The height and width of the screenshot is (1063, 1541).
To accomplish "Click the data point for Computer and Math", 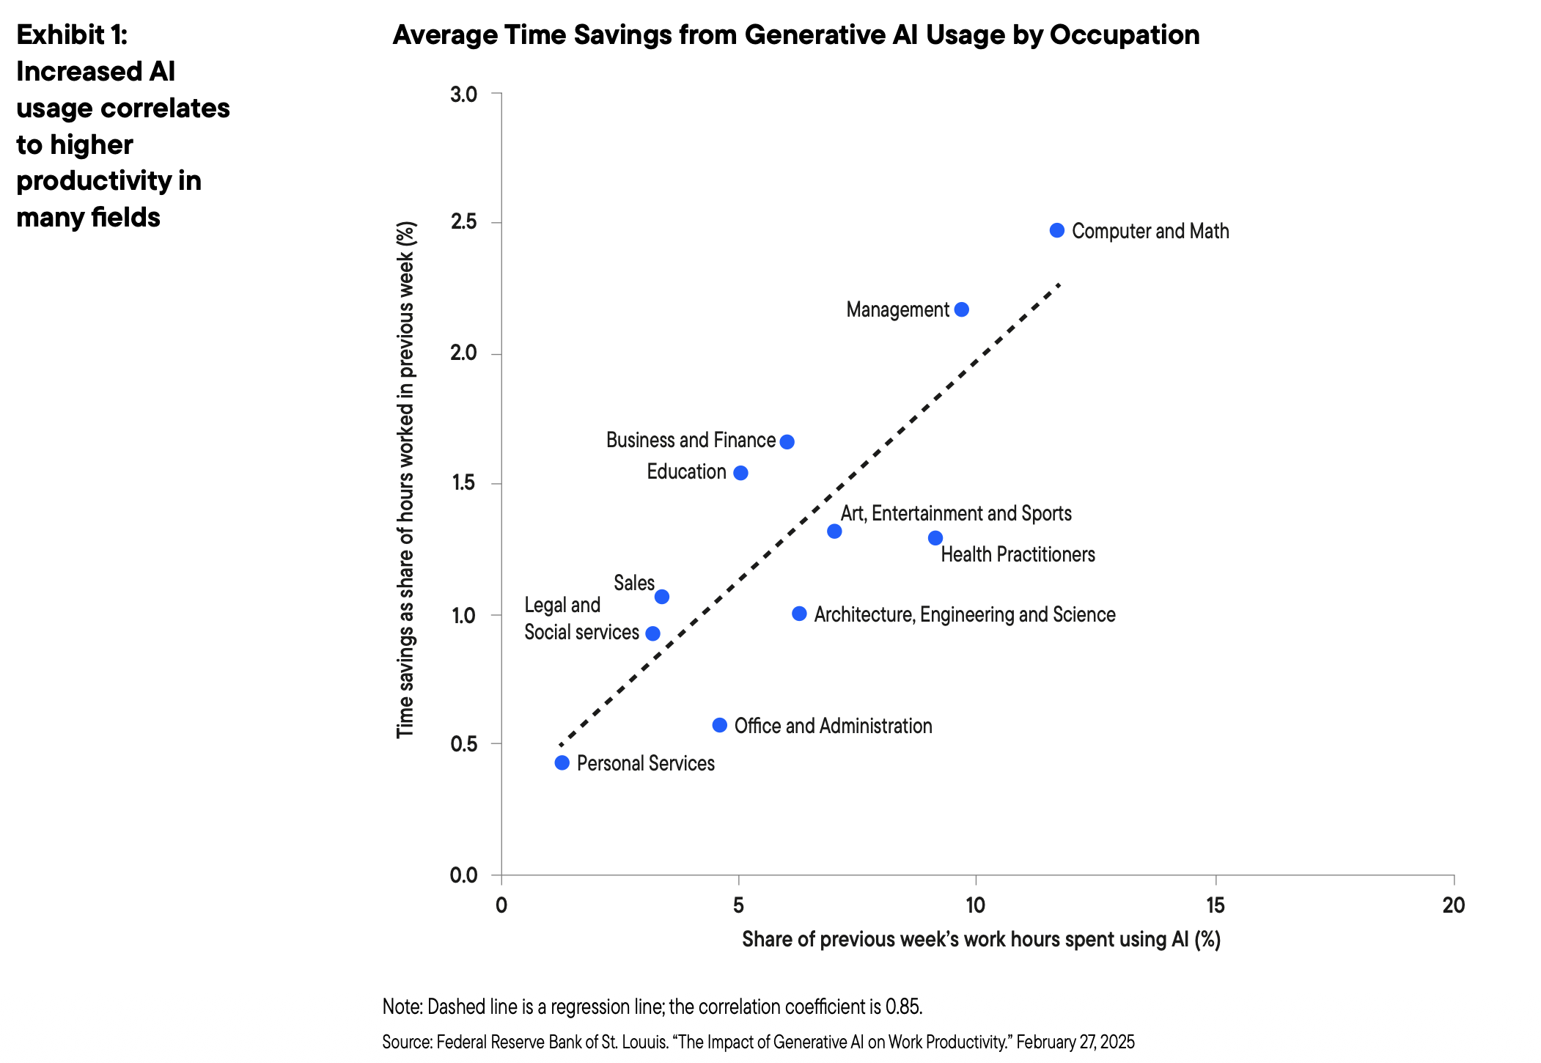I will (x=1056, y=230).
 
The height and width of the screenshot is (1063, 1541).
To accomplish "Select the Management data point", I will (x=961, y=309).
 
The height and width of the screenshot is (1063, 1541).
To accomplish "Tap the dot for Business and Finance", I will (x=787, y=441).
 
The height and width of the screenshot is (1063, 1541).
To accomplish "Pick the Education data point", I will (x=740, y=473).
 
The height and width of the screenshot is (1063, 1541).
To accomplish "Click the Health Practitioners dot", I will (x=935, y=538).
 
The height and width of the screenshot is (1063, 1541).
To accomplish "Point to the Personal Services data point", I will (x=562, y=762).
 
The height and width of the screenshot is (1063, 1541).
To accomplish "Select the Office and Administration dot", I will (x=719, y=725).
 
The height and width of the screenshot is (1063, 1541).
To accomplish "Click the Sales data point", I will (x=661, y=597).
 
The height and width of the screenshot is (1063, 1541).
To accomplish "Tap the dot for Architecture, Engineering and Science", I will (x=799, y=614).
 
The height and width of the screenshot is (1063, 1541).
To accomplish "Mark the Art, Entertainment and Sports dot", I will (x=834, y=531).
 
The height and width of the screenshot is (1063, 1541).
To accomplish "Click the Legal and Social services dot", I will (x=652, y=633).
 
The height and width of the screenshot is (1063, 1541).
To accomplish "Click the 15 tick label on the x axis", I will (x=1215, y=906).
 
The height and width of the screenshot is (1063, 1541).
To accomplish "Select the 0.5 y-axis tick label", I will (x=464, y=744).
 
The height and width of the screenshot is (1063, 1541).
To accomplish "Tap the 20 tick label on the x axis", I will (x=1453, y=906).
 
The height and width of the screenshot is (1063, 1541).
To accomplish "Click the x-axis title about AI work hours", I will (x=981, y=940).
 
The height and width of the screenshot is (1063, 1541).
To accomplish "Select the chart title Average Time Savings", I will (x=795, y=35).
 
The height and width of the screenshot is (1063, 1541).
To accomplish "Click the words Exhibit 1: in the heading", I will (x=72, y=34).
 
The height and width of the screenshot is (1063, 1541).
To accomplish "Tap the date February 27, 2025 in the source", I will (x=1075, y=1042).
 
